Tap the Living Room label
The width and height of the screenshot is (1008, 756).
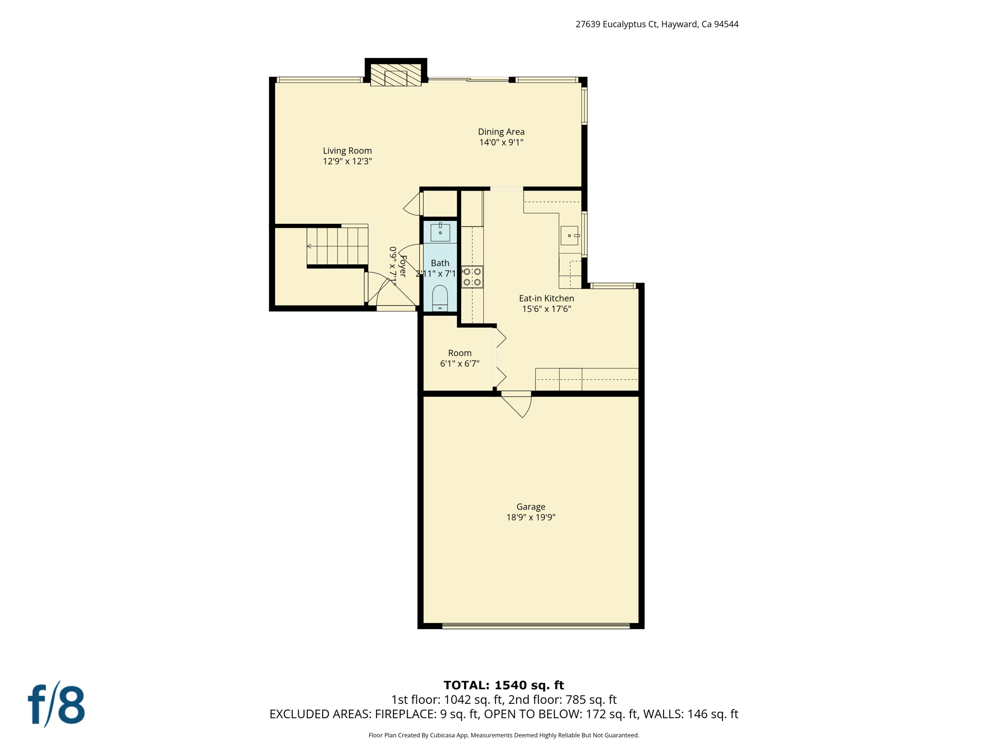(347, 151)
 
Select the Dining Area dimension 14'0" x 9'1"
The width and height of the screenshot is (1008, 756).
(501, 142)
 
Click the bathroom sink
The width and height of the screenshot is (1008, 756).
(440, 232)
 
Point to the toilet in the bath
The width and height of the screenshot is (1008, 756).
(440, 297)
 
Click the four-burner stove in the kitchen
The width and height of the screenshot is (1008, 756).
(472, 277)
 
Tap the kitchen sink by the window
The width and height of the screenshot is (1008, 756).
(569, 235)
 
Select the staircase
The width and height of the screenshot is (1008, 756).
(338, 246)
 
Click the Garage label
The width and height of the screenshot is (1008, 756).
(531, 506)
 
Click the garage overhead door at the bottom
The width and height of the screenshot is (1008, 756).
(535, 626)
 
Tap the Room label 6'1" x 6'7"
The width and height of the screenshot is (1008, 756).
(460, 358)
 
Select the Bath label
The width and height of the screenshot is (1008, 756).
(440, 263)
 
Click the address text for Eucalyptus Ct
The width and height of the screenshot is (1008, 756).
(657, 24)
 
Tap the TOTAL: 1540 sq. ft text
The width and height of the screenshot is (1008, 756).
(504, 685)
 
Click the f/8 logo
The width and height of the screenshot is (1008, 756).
(56, 704)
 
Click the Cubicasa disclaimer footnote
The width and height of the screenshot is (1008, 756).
(504, 735)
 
